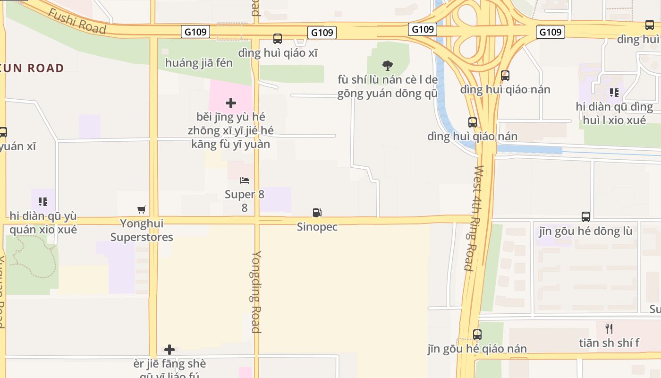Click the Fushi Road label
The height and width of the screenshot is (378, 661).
coord(77,21)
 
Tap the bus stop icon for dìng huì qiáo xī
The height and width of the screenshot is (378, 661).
coord(278,39)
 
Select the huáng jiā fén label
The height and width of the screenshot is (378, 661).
coord(199,63)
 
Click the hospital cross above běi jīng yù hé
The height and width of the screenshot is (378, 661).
coord(231,103)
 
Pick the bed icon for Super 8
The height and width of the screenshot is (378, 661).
coord(245,180)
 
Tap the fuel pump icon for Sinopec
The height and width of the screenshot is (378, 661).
coord(317,213)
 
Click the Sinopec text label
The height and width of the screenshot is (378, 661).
coord(317,227)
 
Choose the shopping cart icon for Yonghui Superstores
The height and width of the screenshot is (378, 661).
coord(141,209)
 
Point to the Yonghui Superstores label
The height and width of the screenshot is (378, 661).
coord(142,230)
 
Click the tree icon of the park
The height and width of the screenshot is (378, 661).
coord(388,65)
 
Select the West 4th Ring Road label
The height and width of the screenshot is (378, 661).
coord(474,218)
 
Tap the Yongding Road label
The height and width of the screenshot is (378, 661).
coord(256,292)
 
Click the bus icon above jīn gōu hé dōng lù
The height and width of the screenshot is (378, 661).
coord(586,217)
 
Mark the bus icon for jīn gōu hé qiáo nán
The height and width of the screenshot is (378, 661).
coord(477,335)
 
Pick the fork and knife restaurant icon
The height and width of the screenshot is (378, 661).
coord(610,328)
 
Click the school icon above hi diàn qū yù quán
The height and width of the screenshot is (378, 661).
coord(43,202)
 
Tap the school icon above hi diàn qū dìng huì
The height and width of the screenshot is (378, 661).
coord(614,92)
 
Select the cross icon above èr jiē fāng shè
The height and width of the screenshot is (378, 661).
coord(169,350)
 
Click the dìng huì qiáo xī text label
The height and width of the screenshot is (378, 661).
coord(278,53)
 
